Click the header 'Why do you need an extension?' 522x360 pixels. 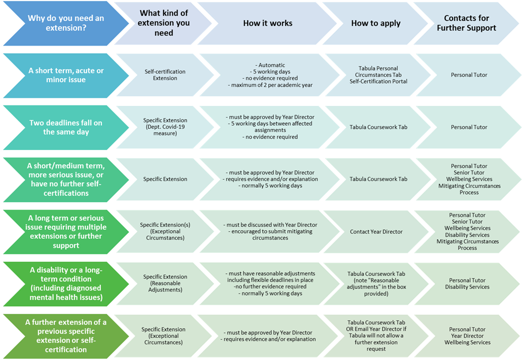tap(66, 23)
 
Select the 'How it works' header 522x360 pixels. tap(268, 23)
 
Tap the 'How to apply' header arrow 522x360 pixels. tap(376, 23)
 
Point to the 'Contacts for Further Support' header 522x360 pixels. tap(466, 23)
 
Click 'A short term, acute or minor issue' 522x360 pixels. tap(66, 75)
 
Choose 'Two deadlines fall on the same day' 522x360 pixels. tap(66, 127)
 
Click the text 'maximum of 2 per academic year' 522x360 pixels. tap(268, 84)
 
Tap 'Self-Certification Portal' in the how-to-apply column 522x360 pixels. tap(378, 82)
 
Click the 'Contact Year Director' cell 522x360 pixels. tap(376, 232)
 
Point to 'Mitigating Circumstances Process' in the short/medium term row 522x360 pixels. tap(469, 189)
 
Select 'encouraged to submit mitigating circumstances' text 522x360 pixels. tap(268, 235)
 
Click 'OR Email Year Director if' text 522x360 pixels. tap(376, 329)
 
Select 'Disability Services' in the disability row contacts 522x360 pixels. tap(467, 287)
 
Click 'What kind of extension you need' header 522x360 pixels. tap(165, 23)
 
